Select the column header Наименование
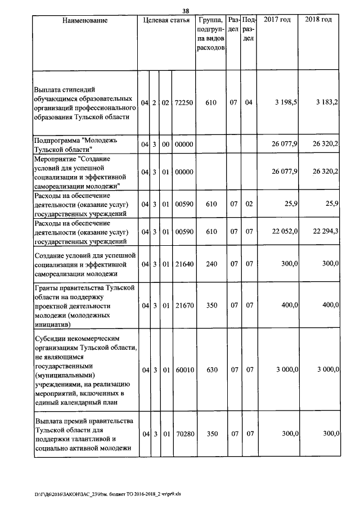point(85,20)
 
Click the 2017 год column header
point(277,20)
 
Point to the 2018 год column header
point(318,20)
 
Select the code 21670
point(184,304)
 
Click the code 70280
point(184,434)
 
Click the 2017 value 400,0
point(289,304)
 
